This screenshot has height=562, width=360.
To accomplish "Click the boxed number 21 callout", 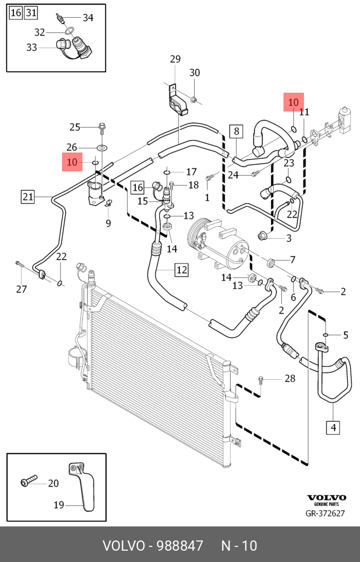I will point(28,197).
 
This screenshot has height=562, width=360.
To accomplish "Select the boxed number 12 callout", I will point(181,269).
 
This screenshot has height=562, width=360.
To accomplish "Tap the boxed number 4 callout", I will point(333,428).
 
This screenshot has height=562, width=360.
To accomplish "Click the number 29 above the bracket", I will point(175,59).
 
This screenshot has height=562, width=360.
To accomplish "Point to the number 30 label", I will point(195,73).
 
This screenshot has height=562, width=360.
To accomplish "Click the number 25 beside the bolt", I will point(74,127).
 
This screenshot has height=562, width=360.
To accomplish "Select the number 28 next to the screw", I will point(290,379).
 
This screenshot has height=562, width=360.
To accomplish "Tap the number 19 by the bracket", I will point(59,505).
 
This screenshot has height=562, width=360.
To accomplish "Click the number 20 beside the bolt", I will point(53,483).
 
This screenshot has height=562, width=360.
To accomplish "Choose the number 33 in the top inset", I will point(31,47).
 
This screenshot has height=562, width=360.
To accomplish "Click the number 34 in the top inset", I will point(88,18).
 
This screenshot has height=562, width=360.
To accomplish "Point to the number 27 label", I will point(21,289).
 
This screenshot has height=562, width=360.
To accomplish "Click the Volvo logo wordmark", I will point(327,497).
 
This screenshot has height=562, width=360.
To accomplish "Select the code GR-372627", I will point(326,514).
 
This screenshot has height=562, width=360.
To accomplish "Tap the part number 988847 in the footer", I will point(179,546).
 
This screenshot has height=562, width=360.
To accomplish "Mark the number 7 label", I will point(293,260).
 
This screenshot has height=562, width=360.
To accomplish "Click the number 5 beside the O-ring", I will point(346,335).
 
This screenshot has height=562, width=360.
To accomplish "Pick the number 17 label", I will point(191,172).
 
